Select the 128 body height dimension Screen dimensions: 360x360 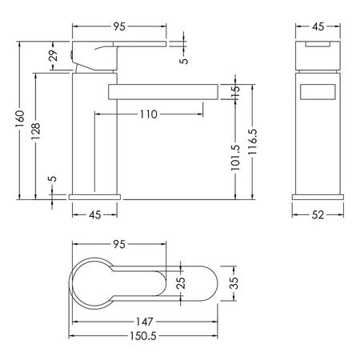tap(35, 131)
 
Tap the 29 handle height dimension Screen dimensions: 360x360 tap(54, 55)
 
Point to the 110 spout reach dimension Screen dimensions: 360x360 tap(149, 114)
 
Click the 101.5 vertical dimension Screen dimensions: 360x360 tap(235, 158)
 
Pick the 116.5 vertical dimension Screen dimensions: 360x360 tap(252, 142)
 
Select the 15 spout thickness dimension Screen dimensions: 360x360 tap(235, 92)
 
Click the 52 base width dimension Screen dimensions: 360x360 tap(318, 214)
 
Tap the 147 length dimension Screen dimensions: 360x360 tap(145, 322)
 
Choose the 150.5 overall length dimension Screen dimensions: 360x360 tap(143, 336)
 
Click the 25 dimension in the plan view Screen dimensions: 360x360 tap(181, 283)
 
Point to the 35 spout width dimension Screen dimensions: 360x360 tap(234, 283)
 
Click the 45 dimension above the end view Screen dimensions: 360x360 tap(318, 26)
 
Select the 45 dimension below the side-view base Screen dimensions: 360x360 tap(95, 214)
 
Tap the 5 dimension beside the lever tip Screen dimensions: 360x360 tap(184, 61)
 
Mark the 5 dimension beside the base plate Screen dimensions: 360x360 tap(54, 178)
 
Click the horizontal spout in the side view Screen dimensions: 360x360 tap(163, 92)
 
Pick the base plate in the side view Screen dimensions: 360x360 tap(94, 197)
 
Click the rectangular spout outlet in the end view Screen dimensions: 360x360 tap(318, 92)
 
